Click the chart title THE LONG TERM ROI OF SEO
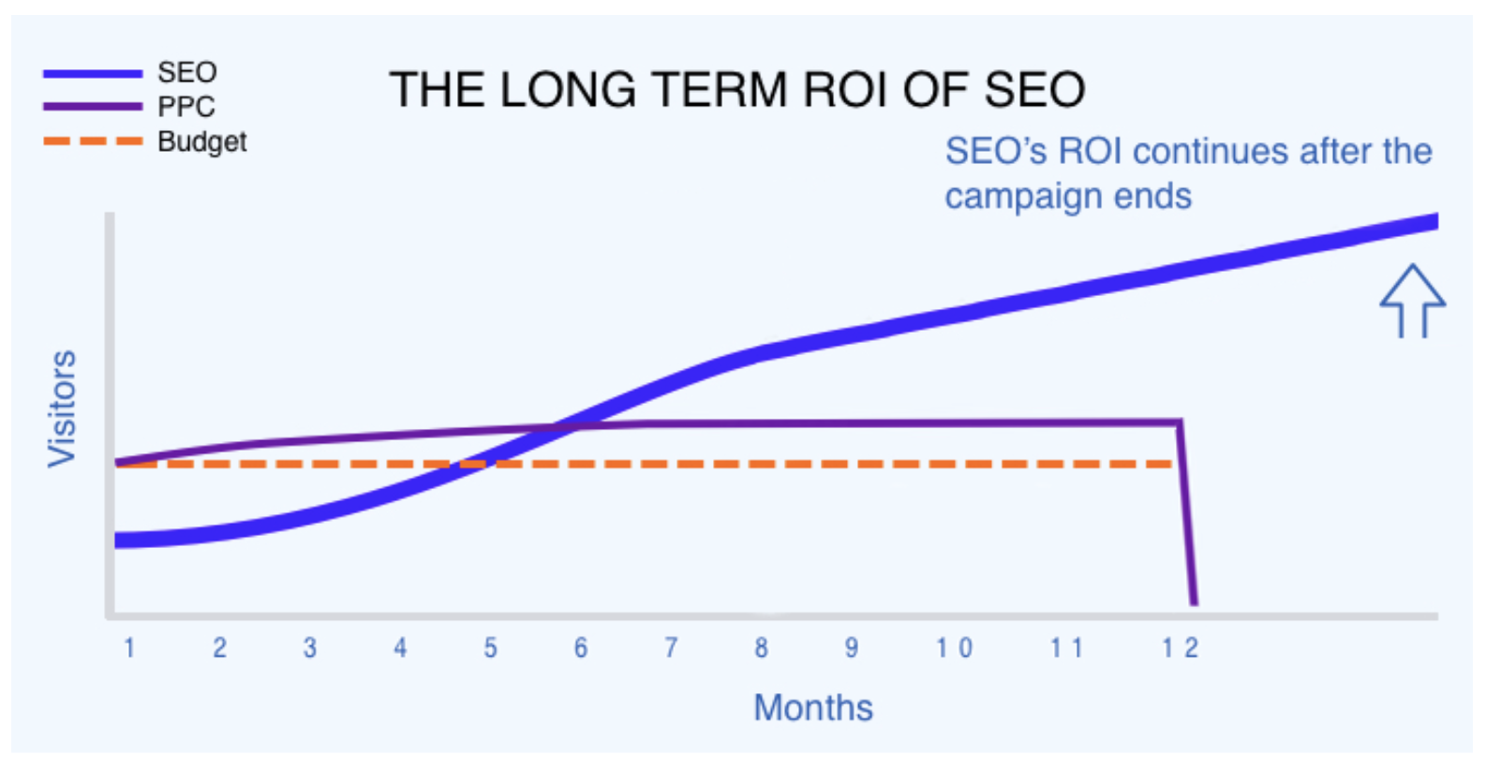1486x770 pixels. (x=736, y=91)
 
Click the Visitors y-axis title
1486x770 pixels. (x=62, y=408)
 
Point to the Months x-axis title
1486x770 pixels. (x=812, y=708)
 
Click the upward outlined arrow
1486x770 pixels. (x=1412, y=301)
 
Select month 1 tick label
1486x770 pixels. (x=129, y=648)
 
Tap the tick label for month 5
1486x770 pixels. (x=490, y=648)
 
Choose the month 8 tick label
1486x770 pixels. (x=761, y=648)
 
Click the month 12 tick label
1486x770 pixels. (x=1180, y=648)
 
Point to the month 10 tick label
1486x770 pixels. (x=954, y=648)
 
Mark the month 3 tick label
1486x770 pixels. (x=310, y=648)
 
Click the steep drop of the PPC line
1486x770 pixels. (x=1187, y=515)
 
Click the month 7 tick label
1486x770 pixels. (x=671, y=648)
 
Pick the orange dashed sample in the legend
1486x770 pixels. (x=93, y=141)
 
